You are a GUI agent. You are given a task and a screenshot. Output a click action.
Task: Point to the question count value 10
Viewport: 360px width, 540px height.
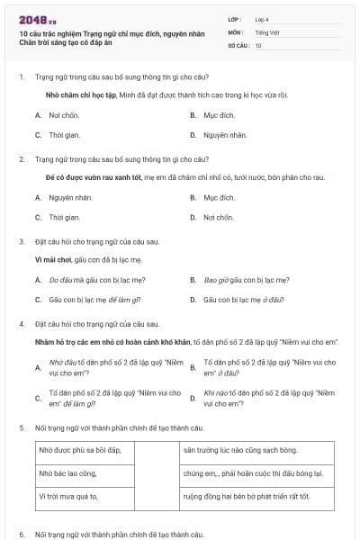[258, 45]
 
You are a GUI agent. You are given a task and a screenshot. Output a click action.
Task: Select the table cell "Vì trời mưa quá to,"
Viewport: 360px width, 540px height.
[68, 496]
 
